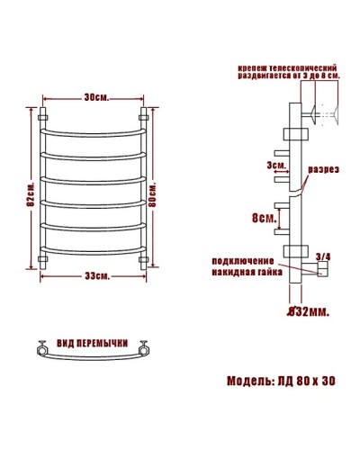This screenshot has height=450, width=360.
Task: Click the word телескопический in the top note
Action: point(304,68)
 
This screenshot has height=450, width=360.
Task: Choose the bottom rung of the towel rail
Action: point(94,248)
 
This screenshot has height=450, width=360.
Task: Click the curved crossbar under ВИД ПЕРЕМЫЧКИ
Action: point(94,362)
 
